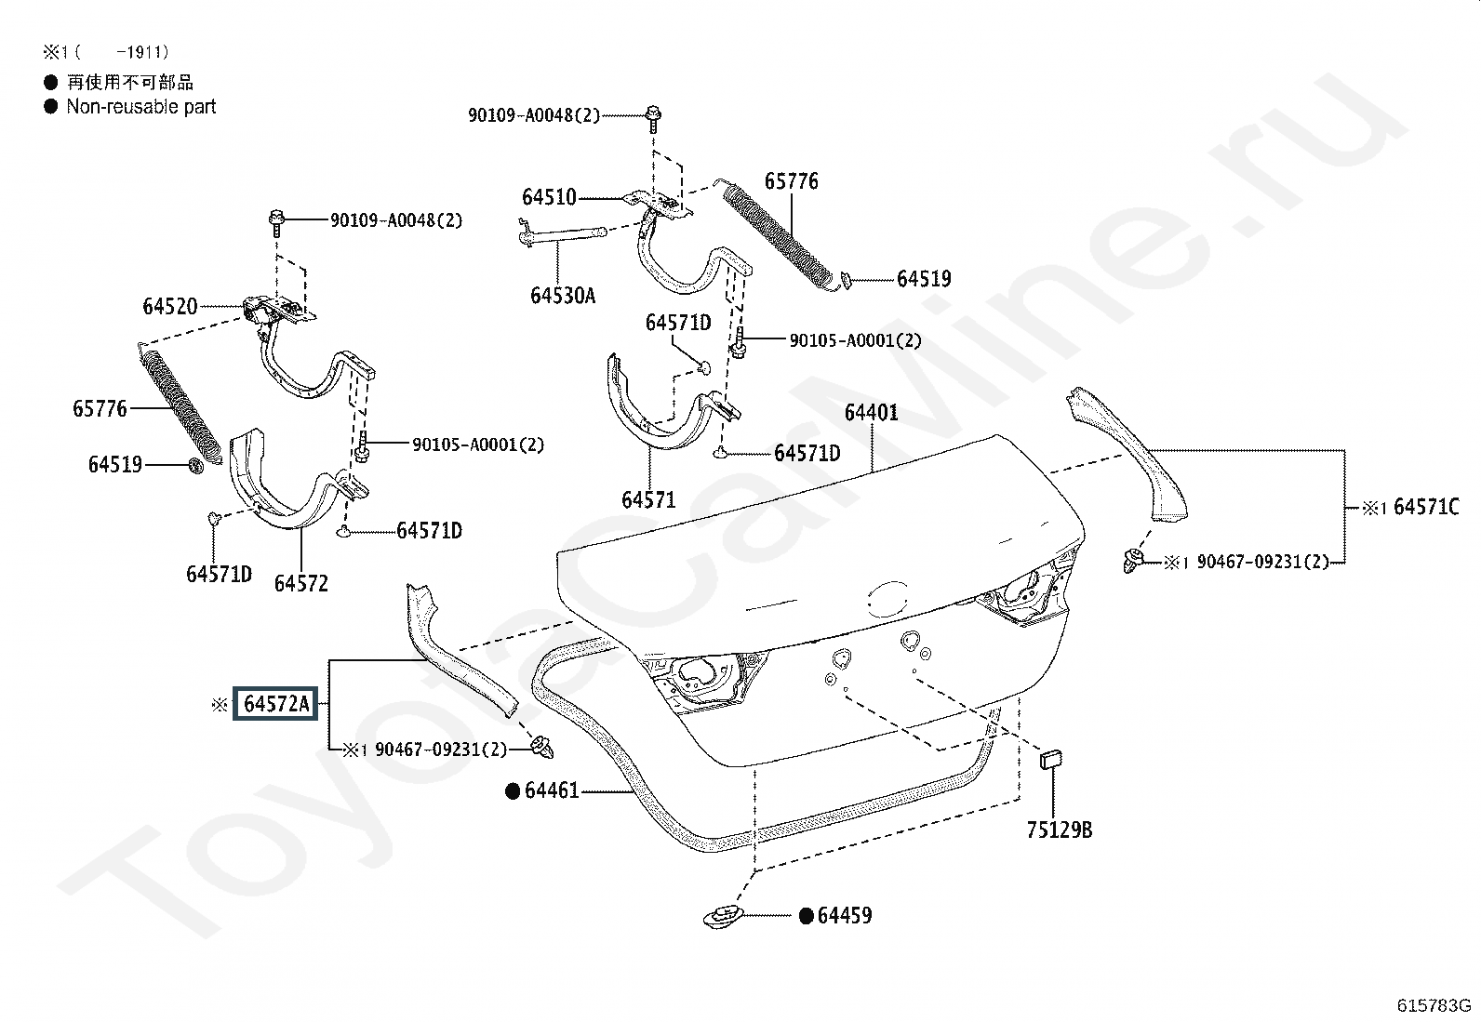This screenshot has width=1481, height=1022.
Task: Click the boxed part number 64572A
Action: coord(275,704)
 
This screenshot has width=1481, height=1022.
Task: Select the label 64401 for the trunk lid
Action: coord(871,412)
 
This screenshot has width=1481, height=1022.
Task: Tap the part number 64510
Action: coord(549,197)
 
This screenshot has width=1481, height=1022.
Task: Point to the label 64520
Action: coord(169,306)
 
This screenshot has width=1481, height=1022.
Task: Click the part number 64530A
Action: coord(563,296)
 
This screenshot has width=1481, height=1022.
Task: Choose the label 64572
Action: coord(300,583)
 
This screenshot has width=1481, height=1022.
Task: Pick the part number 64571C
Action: coord(1425,508)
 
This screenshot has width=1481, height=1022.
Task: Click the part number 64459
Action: coord(845,916)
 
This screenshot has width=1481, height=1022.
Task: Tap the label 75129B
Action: coord(1059,830)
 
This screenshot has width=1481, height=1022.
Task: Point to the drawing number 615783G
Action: coord(1434,1005)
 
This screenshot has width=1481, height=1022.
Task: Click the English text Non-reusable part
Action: coord(140,107)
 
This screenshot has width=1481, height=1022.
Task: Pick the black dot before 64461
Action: coord(512,791)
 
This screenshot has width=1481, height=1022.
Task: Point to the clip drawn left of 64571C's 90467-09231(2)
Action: coord(1132,560)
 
